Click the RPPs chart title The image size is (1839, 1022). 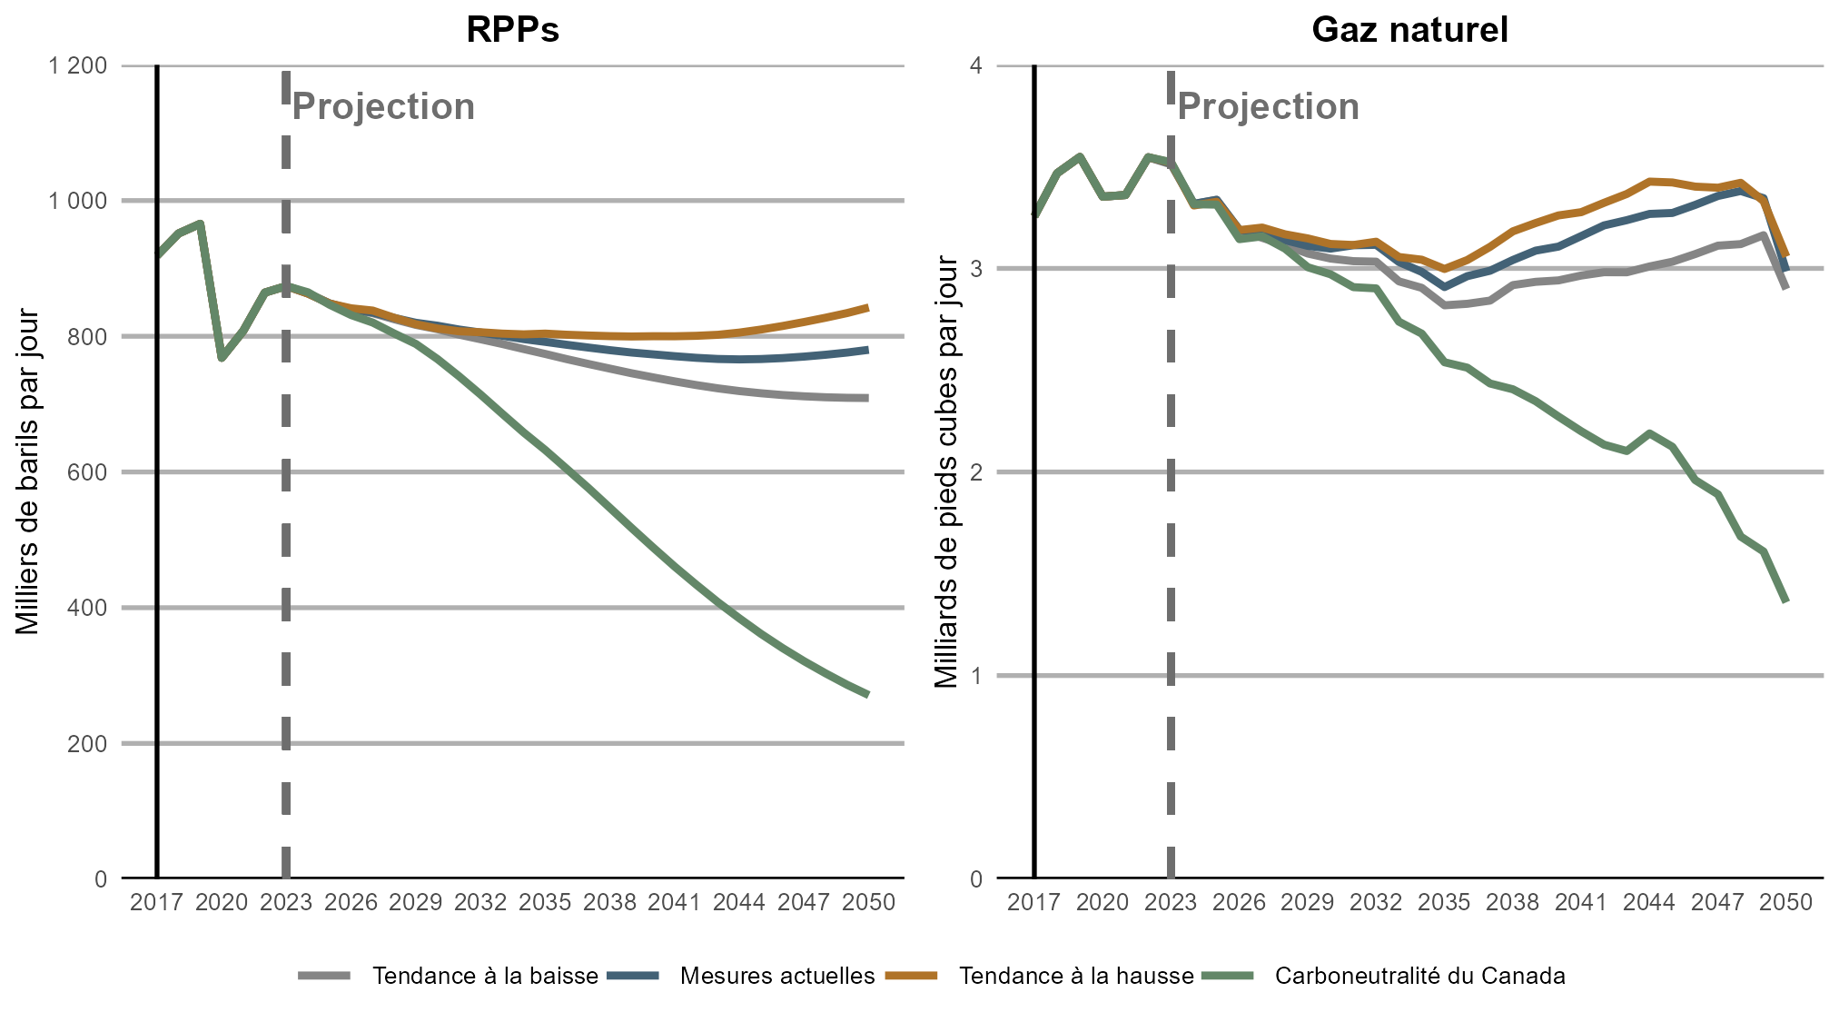512,30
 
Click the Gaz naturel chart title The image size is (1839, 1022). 1409,30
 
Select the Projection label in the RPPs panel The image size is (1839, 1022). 383,107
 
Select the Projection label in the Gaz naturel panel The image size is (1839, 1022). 1268,107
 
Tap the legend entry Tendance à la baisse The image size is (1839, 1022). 485,976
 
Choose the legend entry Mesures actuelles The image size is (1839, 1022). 776,976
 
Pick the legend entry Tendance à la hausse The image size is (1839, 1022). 1076,976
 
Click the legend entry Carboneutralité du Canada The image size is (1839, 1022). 1419,976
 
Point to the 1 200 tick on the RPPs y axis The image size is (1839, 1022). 77,65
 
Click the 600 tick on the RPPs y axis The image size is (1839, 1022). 88,472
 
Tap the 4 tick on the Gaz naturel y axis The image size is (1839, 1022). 976,65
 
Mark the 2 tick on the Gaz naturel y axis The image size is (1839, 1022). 976,472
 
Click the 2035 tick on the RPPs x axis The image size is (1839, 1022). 545,902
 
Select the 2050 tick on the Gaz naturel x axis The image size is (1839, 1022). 1785,902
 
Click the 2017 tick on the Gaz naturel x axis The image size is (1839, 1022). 1033,902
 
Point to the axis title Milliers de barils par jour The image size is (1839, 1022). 27,472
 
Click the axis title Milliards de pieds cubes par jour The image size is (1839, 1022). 946,472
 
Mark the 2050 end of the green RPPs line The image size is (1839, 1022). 868,695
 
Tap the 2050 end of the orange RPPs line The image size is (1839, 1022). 868,308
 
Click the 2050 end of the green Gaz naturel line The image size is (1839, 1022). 1785,600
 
